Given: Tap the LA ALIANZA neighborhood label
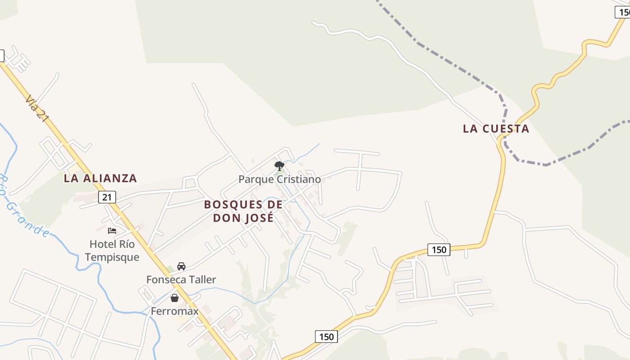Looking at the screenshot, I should pos(100,178).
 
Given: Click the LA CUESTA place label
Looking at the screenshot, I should pos(496,129).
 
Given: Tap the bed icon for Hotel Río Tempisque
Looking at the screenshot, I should pos(112,231).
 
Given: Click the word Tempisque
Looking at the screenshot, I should pos(112,257).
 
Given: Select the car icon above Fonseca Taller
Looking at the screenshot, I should pos(181,266).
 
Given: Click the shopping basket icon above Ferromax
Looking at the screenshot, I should pos(175,298).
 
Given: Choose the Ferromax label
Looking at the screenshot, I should pos(175,311).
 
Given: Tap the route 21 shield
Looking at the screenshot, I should pos(107,197).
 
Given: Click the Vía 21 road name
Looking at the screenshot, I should pos(37,108).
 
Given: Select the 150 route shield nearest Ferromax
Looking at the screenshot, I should pos(326,337).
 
